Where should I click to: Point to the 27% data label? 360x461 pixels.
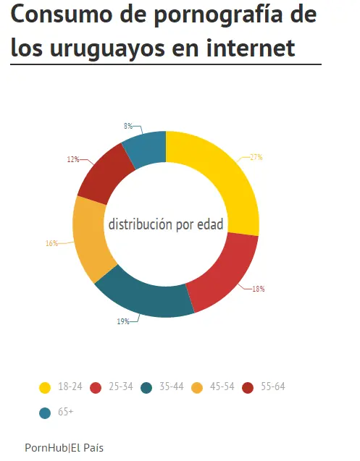(x=256, y=157)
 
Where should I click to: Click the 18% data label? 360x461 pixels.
(x=259, y=289)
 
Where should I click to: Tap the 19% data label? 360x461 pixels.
(x=123, y=321)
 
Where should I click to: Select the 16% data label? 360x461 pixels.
(x=51, y=244)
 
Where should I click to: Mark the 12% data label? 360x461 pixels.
(x=72, y=159)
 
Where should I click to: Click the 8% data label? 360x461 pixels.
(x=127, y=126)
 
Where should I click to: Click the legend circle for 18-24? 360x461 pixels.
(x=45, y=388)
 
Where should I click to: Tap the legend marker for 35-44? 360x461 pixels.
(x=146, y=388)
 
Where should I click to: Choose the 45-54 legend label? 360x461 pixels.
(x=222, y=387)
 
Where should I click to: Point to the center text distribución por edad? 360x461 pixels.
(x=166, y=224)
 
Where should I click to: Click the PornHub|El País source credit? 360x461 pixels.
(x=64, y=448)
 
